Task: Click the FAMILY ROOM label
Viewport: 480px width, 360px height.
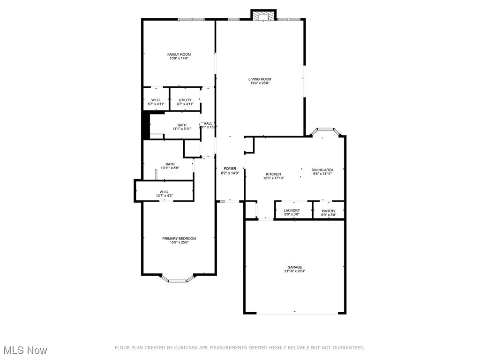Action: [x=179, y=54]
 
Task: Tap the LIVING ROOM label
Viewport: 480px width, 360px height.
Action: [x=260, y=79]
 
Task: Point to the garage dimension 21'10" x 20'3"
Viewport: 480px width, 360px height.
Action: [x=295, y=271]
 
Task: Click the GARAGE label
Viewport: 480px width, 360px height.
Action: [x=295, y=267]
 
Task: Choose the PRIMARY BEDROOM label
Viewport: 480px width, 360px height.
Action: [x=179, y=239]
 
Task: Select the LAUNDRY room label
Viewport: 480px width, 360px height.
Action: [x=292, y=210]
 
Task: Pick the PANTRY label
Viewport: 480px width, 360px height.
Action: [x=329, y=211]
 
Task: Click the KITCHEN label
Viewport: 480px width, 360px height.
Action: [x=273, y=174]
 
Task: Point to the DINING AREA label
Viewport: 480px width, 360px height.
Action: [x=322, y=170]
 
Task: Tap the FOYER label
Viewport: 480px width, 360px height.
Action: [x=230, y=169]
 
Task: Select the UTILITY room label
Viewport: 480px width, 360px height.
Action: [x=185, y=100]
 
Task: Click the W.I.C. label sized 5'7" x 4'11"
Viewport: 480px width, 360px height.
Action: [x=156, y=100]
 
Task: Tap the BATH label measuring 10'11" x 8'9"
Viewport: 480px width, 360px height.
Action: [x=170, y=164]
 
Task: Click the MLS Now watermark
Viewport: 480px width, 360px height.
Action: [x=24, y=350]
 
